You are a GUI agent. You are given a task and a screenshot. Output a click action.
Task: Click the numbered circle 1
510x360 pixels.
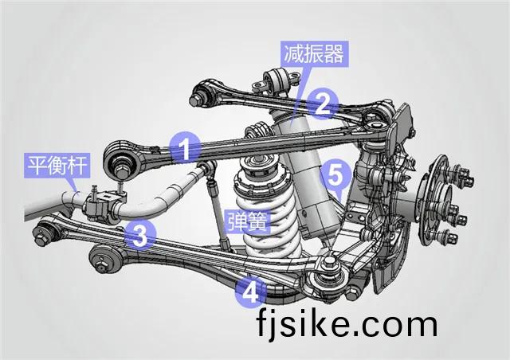186,148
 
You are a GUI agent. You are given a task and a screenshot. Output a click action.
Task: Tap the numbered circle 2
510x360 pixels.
322,104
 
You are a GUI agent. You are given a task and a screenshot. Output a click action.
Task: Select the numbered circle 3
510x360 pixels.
140,234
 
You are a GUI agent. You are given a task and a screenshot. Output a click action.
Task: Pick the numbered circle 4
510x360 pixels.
251,292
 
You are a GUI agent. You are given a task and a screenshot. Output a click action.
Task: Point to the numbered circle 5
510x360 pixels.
335,175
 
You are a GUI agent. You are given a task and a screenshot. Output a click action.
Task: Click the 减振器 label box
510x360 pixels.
315,54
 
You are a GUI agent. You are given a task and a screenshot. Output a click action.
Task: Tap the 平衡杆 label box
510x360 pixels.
57,166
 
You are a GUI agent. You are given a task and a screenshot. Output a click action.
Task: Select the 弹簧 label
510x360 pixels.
248,221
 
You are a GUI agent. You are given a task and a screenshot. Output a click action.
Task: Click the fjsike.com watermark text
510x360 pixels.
347,323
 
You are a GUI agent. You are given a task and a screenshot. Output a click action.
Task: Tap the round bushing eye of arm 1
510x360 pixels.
121,159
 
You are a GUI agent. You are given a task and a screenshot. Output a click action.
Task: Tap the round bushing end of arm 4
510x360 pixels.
104,258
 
